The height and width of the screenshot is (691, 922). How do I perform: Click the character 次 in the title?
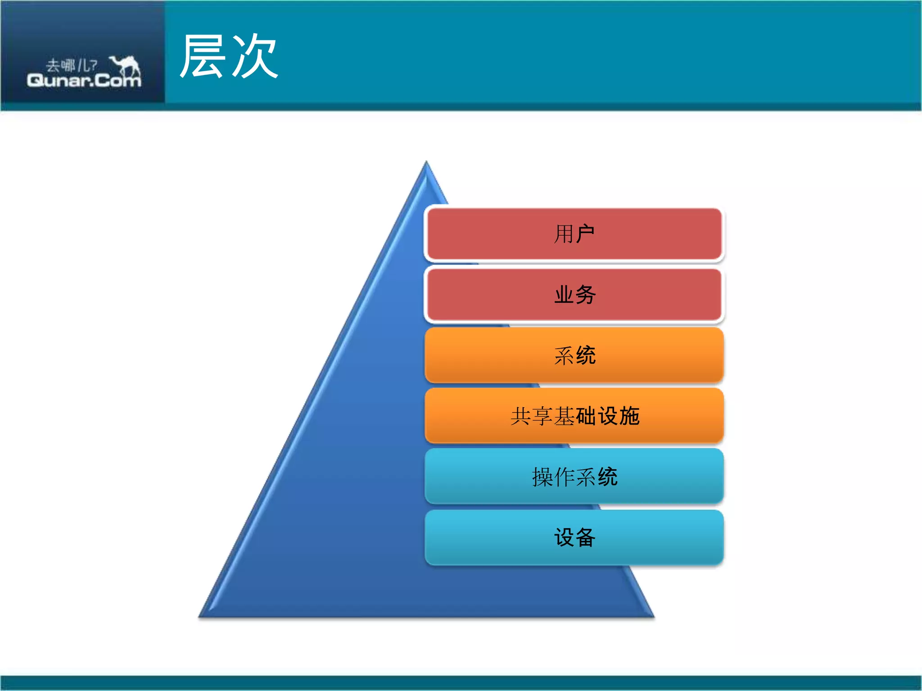click(x=255, y=56)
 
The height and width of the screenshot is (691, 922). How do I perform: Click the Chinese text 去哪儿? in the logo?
click(x=71, y=66)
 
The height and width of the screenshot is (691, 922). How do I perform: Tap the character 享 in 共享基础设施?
click(x=542, y=416)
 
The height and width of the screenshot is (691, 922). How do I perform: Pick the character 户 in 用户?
click(x=585, y=234)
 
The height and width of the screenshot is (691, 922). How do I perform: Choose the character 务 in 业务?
click(x=586, y=295)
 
